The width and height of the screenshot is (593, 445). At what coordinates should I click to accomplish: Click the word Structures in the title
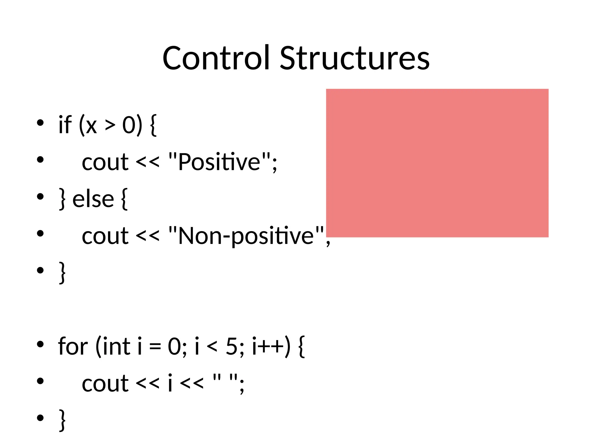pyautogui.click(x=355, y=58)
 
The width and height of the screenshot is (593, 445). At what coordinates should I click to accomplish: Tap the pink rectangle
pyautogui.click(x=437, y=163)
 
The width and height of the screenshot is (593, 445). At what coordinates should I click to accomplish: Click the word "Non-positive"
pyautogui.click(x=246, y=236)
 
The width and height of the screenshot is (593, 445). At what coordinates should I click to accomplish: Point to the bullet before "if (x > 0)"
pyautogui.click(x=40, y=123)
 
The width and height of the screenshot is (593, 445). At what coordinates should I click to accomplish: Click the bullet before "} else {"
pyautogui.click(x=40, y=197)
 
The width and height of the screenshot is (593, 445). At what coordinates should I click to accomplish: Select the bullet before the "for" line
pyautogui.click(x=40, y=344)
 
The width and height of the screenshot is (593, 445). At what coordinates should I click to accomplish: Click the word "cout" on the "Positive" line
pyautogui.click(x=105, y=162)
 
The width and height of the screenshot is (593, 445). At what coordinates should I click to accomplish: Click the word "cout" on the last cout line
pyautogui.click(x=105, y=384)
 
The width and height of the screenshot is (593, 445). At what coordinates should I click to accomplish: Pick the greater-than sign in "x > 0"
pyautogui.click(x=110, y=125)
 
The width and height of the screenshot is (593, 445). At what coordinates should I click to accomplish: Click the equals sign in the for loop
pyautogui.click(x=155, y=347)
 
